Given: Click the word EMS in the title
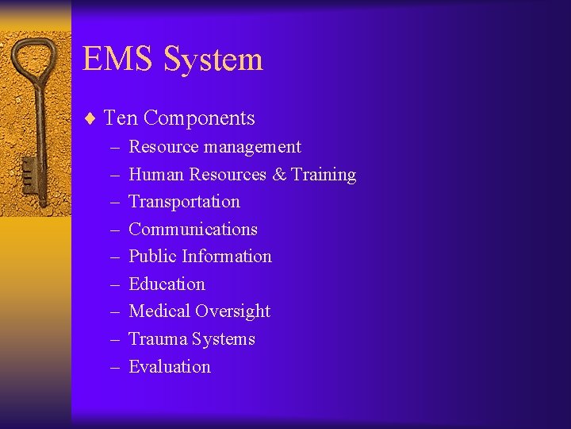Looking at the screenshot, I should point(119,60).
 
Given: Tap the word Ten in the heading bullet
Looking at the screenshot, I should point(121,118).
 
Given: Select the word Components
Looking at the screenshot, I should point(199,119).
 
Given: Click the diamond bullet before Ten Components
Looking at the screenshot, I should point(90,119).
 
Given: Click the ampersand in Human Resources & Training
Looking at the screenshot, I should point(279,175).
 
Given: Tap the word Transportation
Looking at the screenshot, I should point(184,202).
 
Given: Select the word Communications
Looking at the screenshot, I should point(193,230).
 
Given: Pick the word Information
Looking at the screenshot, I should point(226,257).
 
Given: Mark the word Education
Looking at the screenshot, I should point(167,284).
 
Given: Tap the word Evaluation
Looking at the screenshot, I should point(170,367).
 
